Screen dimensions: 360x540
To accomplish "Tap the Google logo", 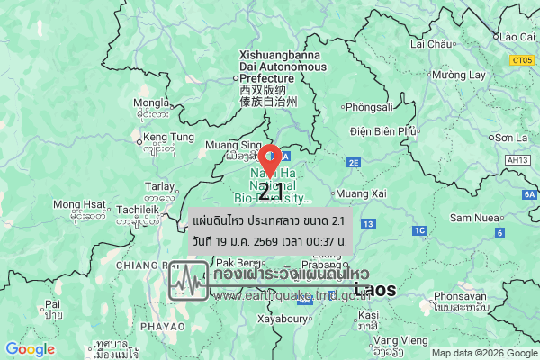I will click(30, 349).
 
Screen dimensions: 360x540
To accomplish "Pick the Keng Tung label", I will click(168, 137).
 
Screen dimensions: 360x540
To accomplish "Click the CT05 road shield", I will click(520, 61).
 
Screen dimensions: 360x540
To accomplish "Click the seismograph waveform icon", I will click(188, 281).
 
